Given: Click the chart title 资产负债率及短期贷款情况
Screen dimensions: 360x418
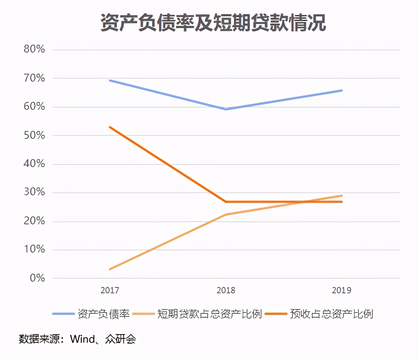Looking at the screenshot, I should click(x=213, y=23).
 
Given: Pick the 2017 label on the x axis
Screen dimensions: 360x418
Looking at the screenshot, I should click(x=110, y=291).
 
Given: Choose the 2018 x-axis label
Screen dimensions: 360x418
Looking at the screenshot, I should click(x=226, y=291).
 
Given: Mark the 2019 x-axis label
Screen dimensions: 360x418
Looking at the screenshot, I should click(x=342, y=291).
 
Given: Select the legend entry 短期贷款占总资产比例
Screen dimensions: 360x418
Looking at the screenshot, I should click(x=209, y=314).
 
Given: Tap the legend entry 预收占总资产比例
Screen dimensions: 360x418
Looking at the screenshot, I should click(x=331, y=314).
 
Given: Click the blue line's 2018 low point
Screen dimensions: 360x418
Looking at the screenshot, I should click(x=226, y=109).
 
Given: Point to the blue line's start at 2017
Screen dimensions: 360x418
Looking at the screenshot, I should click(x=110, y=80).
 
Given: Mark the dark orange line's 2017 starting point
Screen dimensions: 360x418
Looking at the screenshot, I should click(x=110, y=127).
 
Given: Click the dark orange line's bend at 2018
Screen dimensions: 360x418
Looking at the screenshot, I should click(x=226, y=202).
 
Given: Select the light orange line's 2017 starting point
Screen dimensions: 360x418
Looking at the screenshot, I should click(x=110, y=269).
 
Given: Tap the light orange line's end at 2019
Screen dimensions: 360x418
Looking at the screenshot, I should click(x=342, y=196).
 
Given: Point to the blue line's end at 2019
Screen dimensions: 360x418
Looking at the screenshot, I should click(x=342, y=91).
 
